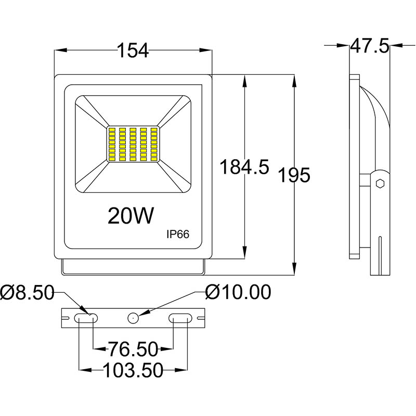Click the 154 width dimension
[133, 50]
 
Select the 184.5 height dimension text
[243, 167]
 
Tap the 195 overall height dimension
[294, 175]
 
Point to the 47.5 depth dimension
[369, 46]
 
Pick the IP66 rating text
[177, 235]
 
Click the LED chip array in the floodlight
[133, 144]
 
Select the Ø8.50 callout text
[27, 293]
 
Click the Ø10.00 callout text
[238, 293]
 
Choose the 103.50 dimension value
[133, 370]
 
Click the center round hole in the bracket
[134, 317]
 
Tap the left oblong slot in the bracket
[86, 317]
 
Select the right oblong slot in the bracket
[180, 317]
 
